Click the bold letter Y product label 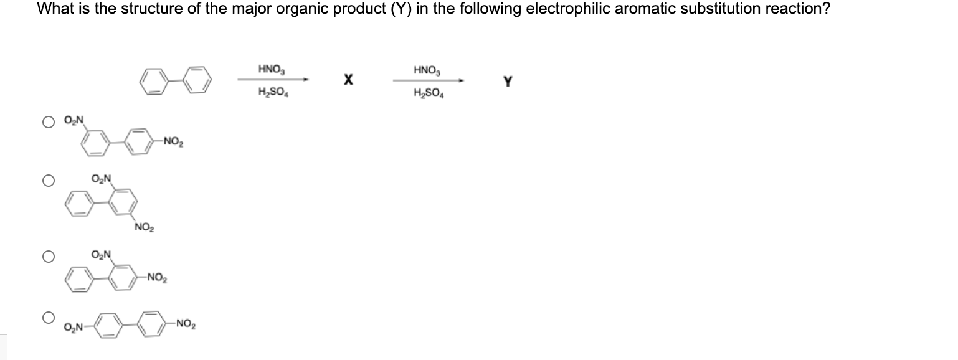point(508,82)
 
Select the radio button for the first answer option point(47,122)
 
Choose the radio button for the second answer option point(47,181)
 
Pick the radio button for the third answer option point(47,255)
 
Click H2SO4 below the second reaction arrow point(427,94)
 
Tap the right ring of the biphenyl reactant point(197,81)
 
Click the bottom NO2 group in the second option point(143,229)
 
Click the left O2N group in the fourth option point(74,328)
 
